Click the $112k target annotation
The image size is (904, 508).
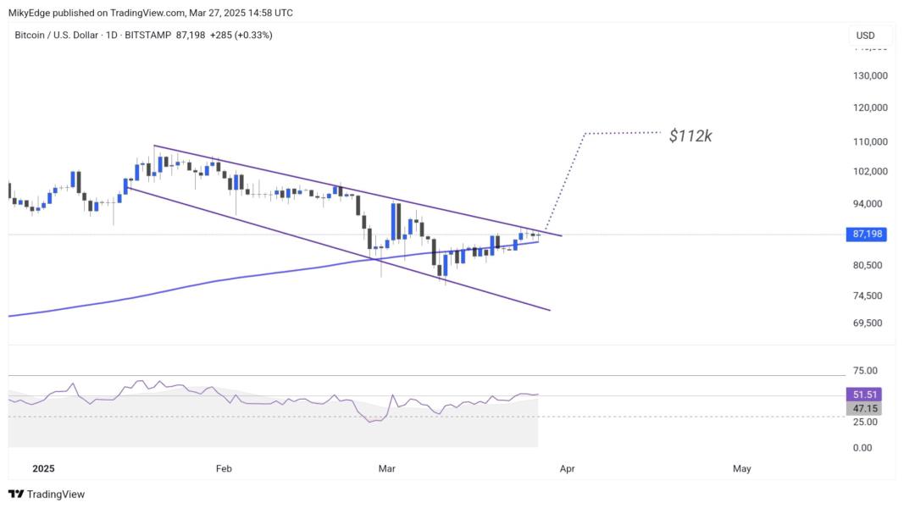pos(690,135)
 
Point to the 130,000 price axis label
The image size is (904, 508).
pos(870,75)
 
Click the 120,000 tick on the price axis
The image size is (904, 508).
pos(870,108)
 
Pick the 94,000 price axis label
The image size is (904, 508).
pos(870,203)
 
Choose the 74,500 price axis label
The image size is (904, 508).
pos(870,295)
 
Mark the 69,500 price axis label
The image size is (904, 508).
pos(870,323)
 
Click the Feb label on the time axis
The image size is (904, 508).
pos(224,468)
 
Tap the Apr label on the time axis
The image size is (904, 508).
pos(567,468)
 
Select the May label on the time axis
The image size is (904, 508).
pos(741,468)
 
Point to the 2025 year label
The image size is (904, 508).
pos(42,468)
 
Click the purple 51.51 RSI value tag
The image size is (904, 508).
pos(863,395)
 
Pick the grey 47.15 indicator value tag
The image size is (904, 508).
pos(863,408)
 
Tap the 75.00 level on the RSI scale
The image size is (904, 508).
pos(863,371)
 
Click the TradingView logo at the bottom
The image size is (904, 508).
pos(47,494)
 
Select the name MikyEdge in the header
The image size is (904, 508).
pos(31,13)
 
